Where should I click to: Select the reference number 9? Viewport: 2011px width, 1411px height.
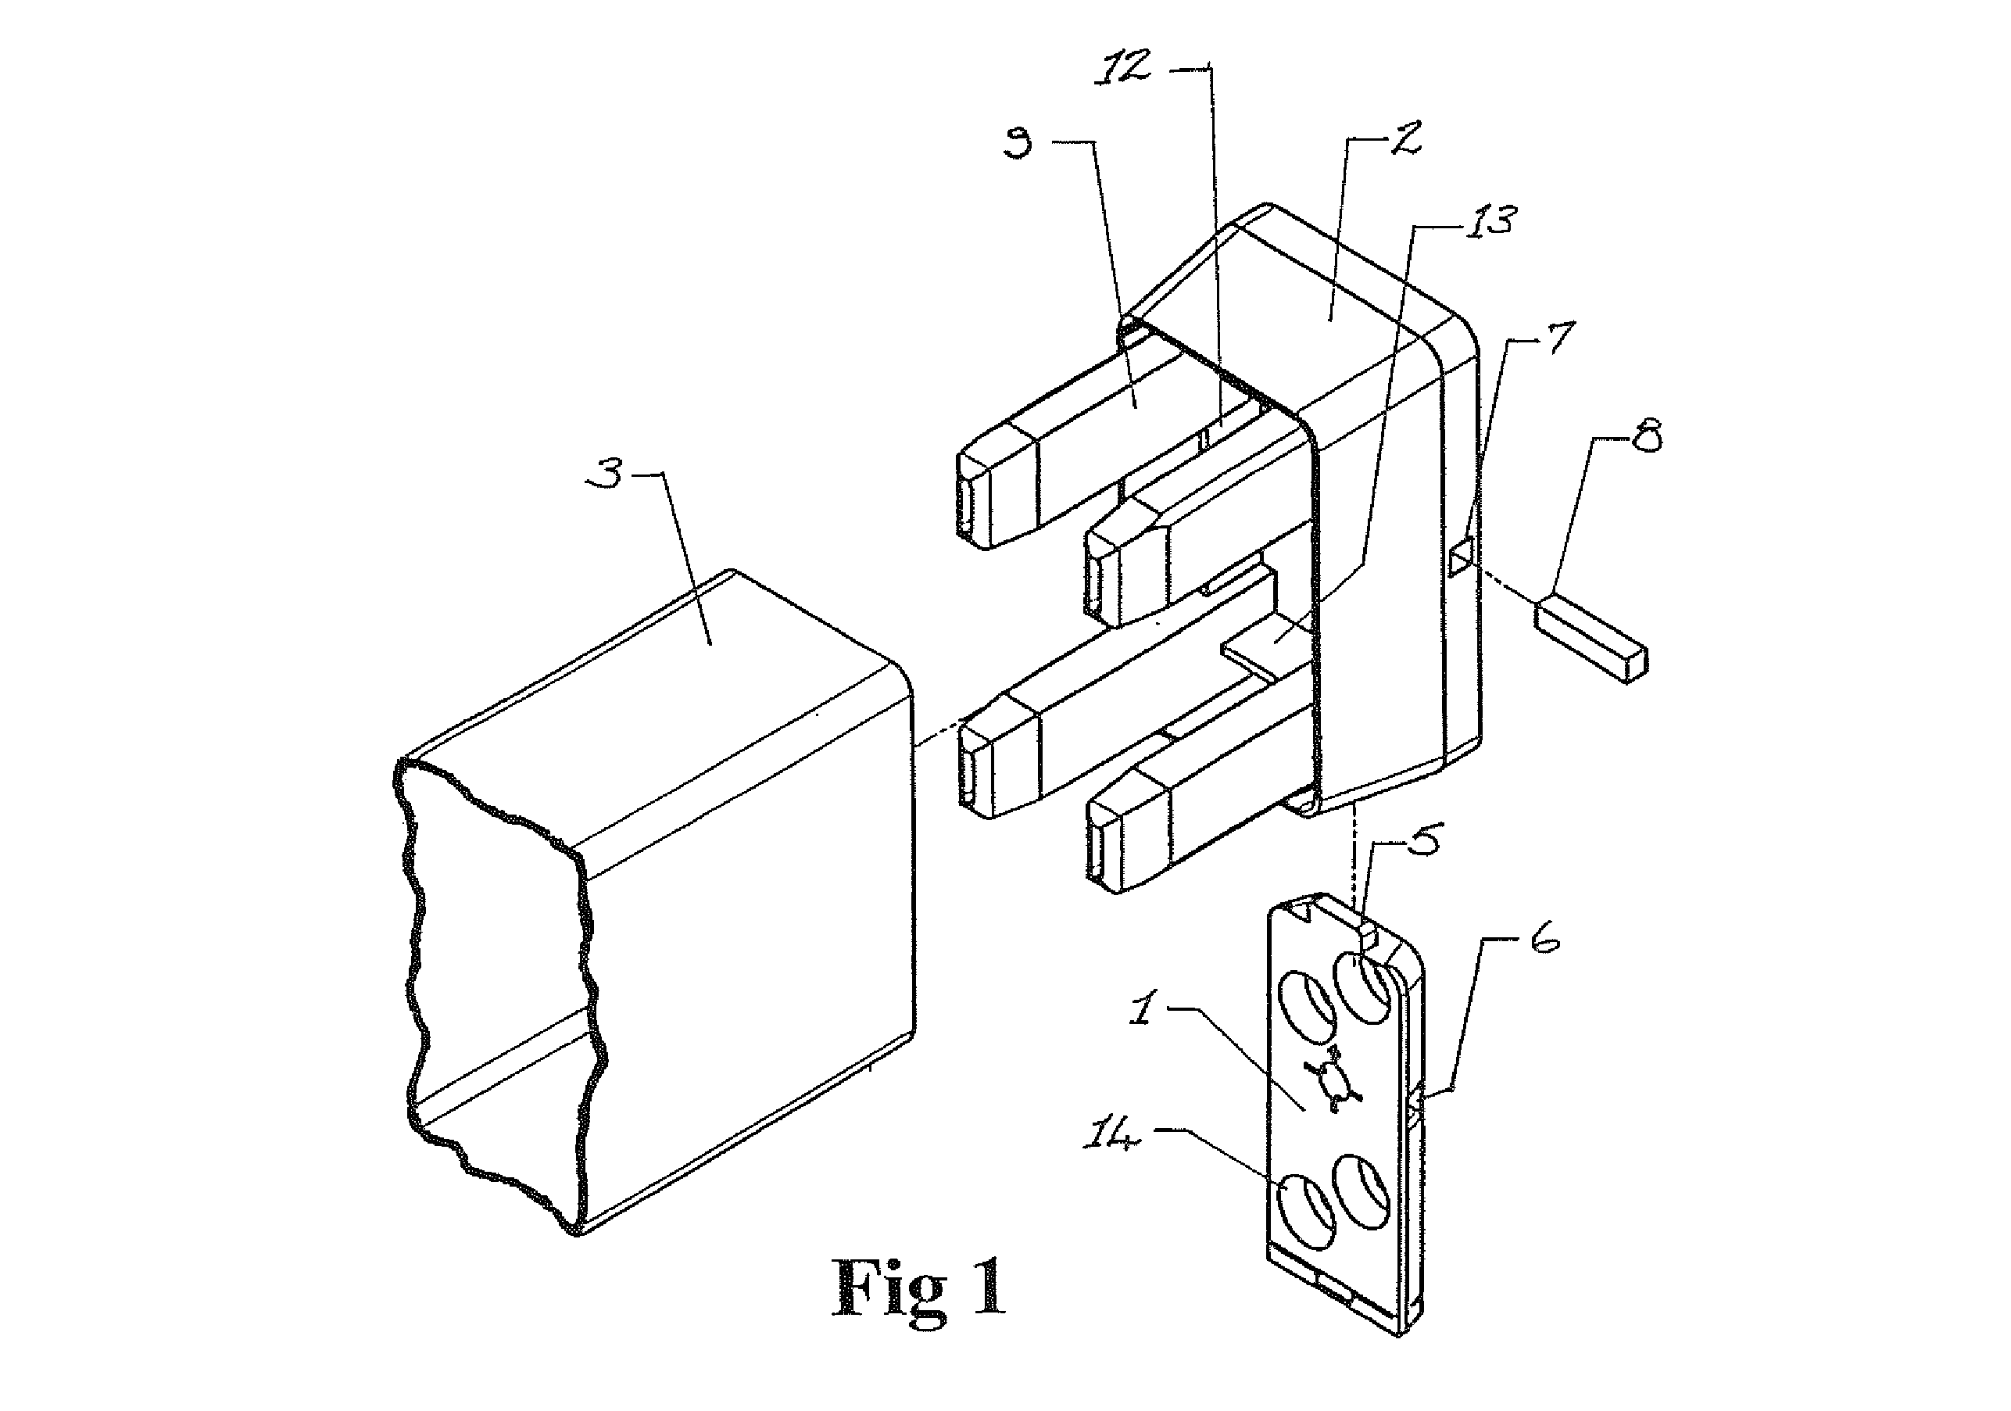pos(1018,143)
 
